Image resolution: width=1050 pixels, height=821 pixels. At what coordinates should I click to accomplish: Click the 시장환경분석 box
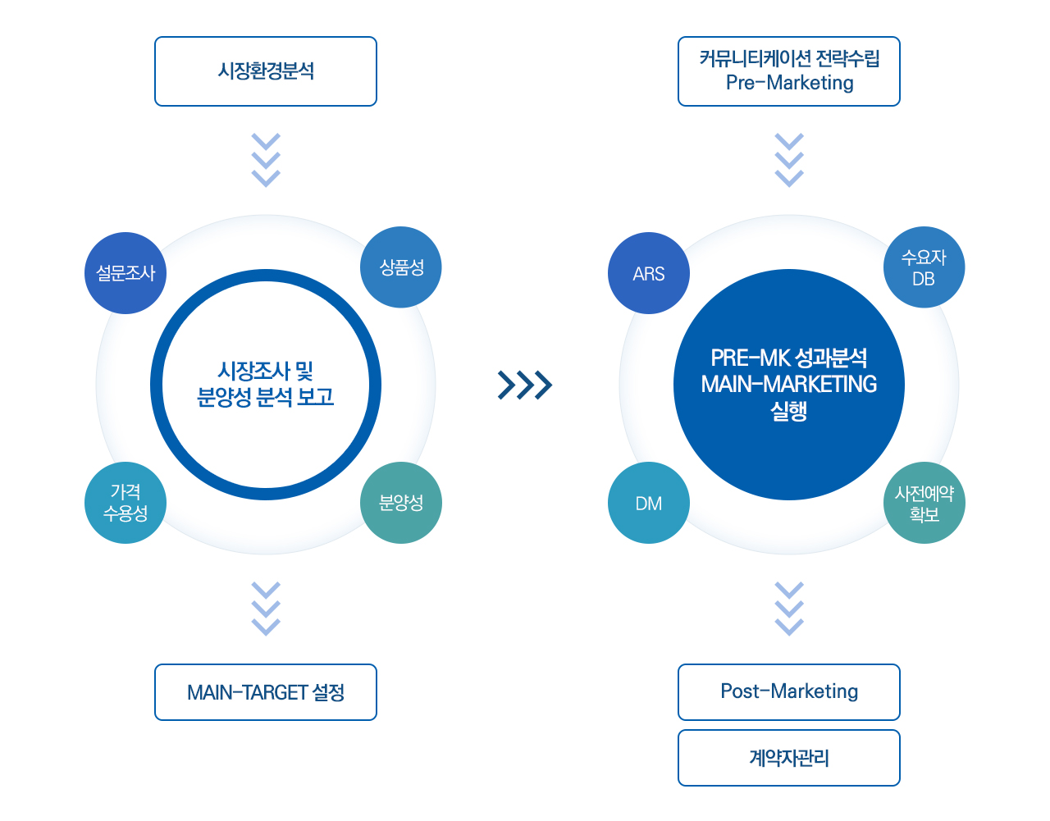[265, 71]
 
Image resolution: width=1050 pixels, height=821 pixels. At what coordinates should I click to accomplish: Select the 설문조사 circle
[126, 273]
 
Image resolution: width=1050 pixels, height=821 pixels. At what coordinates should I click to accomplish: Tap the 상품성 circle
[401, 267]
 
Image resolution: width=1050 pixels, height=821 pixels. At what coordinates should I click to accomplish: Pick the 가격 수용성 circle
[126, 503]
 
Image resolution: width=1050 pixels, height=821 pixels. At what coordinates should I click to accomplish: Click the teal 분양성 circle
[401, 503]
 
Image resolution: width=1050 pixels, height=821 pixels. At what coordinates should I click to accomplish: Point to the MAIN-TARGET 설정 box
[265, 692]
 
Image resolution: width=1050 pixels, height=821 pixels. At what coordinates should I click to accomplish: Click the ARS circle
[649, 273]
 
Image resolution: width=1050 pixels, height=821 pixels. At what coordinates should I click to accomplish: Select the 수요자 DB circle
[924, 267]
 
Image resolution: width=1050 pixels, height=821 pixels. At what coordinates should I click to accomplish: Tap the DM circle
[649, 503]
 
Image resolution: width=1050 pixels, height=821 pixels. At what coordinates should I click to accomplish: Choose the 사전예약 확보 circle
[924, 503]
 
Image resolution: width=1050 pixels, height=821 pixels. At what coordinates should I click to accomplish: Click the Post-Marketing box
[788, 692]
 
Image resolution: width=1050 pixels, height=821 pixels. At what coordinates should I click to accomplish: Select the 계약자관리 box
[788, 758]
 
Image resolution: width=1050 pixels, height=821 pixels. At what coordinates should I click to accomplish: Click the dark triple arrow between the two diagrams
[525, 385]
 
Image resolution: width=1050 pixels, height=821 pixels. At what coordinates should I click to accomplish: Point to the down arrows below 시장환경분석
[266, 160]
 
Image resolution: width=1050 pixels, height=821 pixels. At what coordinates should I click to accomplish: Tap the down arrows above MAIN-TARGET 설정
[266, 609]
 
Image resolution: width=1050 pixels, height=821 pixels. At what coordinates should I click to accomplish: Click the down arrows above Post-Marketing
[789, 609]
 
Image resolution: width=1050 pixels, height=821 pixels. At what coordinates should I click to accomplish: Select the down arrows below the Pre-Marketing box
[789, 160]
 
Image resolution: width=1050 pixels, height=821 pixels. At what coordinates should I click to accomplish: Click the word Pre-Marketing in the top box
[789, 84]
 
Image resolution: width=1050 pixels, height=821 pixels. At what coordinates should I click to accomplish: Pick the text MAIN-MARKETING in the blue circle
[788, 384]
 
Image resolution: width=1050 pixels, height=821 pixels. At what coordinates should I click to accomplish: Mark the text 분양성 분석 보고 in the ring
[265, 398]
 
